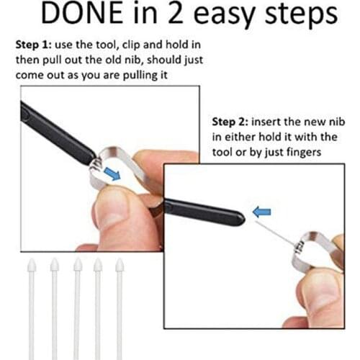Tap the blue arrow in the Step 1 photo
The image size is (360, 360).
click(x=112, y=174)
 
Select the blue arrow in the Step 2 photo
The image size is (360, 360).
click(x=262, y=212)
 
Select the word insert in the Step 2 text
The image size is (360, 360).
click(x=271, y=120)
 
